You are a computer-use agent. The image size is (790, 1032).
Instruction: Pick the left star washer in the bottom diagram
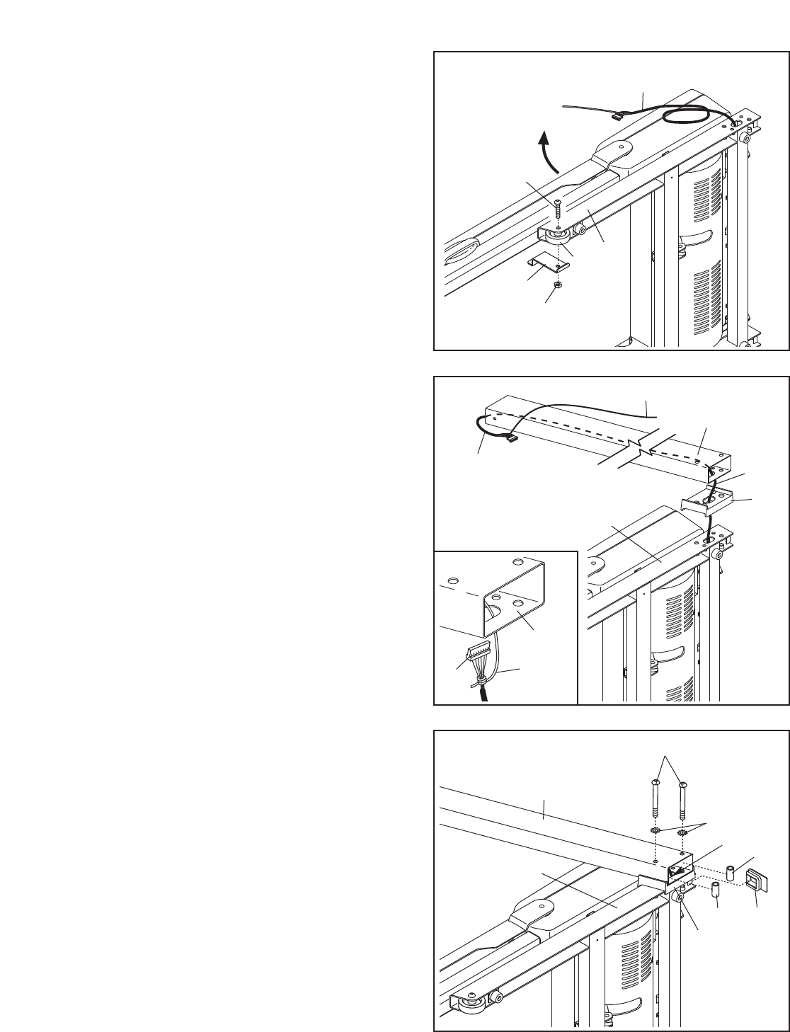click(655, 830)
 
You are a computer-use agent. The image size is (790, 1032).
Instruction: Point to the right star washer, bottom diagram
click(682, 833)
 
